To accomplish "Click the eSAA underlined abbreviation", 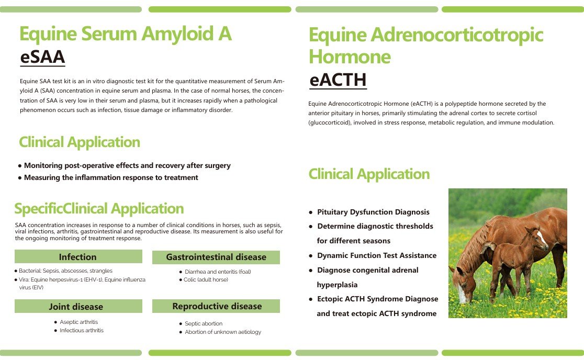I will click(42, 57).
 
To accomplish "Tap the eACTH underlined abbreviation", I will click(338, 80).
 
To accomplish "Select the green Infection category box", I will click(78, 257).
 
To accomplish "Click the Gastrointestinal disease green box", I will click(216, 257).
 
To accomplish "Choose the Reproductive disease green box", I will click(217, 306).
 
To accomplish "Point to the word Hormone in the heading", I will click(350, 56).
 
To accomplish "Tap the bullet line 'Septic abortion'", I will click(204, 323).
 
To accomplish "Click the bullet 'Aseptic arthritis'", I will click(78, 322).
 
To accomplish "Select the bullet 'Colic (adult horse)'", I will click(206, 280).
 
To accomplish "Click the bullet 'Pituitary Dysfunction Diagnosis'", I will click(373, 212).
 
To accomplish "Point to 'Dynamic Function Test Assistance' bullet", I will click(376, 255).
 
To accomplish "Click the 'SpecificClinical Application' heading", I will click(99, 209).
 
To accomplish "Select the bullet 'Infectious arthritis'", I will click(82, 330).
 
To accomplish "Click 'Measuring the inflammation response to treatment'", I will click(111, 177).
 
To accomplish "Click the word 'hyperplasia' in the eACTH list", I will click(337, 285).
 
